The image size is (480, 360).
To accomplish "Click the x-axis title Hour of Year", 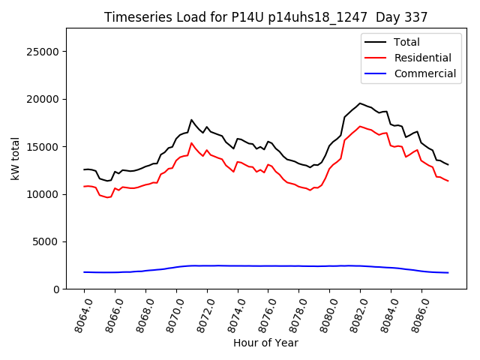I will (x=265, y=343).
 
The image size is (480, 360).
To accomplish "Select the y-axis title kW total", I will (x=15, y=158).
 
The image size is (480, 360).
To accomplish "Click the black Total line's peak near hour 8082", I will (x=360, y=103).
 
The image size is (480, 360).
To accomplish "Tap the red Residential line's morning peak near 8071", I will (x=191, y=142).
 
